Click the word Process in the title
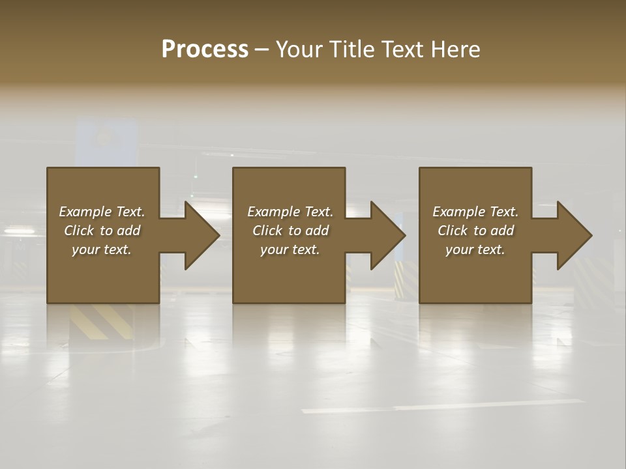click(205, 49)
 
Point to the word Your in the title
click(300, 49)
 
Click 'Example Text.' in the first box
click(102, 212)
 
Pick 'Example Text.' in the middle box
click(290, 212)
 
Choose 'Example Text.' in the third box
click(475, 212)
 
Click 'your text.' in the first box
click(102, 249)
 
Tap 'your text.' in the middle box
click(290, 249)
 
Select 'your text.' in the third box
click(475, 249)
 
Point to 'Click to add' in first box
click(102, 231)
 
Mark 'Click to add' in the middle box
click(290, 231)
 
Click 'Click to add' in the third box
click(475, 231)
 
